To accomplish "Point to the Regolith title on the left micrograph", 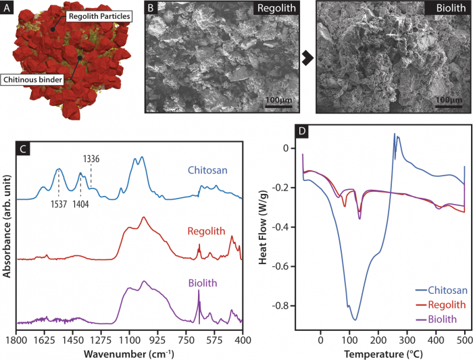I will click(277, 11).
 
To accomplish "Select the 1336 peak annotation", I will click(92, 159).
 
